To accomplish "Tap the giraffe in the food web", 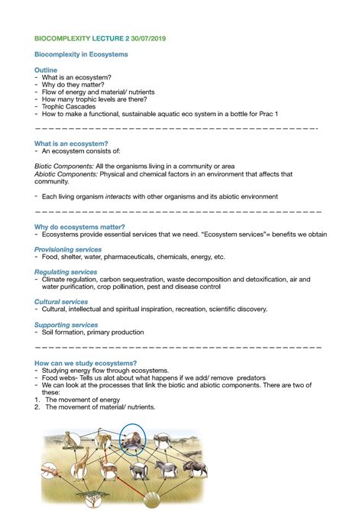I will (81, 466).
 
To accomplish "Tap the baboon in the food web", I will (139, 470).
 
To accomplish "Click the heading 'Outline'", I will (46, 70).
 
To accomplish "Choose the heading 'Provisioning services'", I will (68, 249).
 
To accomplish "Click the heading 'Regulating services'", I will (66, 272).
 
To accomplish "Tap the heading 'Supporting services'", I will (66, 325).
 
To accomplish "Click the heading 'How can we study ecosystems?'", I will (86, 362).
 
